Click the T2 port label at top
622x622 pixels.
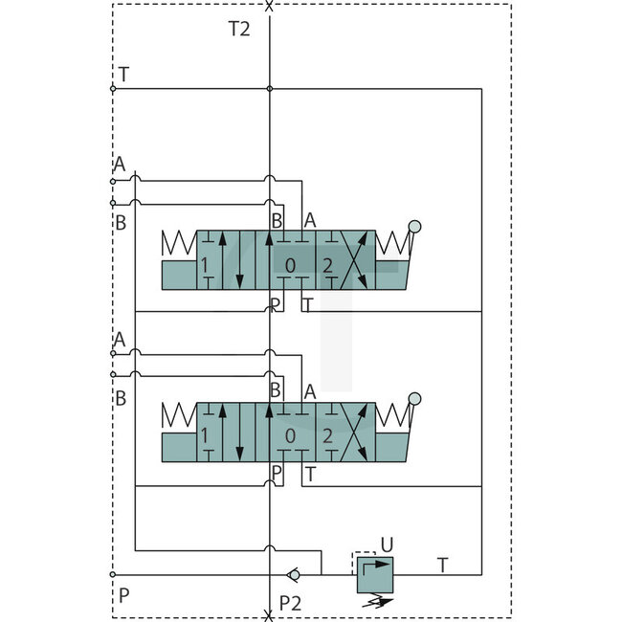pos(239,29)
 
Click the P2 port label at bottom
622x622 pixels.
pos(291,602)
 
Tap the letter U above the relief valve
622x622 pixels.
pos(386,544)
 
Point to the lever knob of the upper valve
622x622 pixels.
pos(414,227)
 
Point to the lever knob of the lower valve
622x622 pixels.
pos(414,399)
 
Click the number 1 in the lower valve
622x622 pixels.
pos(204,436)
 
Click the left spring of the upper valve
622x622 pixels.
pos(178,245)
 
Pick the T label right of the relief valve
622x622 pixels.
pos(442,565)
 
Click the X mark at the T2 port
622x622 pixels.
pos(269,6)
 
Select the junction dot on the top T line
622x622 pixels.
pos(270,89)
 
